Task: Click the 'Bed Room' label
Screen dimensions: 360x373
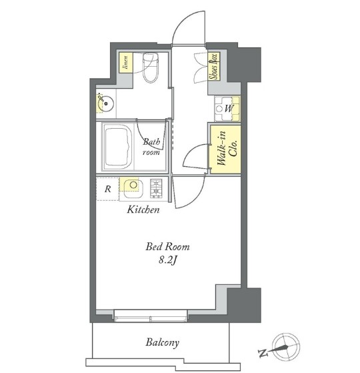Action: [167, 247]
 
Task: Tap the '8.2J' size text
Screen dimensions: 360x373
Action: [168, 261]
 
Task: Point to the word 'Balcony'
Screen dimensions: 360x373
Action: [163, 343]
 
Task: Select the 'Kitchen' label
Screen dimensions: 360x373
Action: [143, 210]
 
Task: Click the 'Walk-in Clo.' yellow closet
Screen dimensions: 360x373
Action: [225, 150]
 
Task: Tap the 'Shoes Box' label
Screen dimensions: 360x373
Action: [214, 66]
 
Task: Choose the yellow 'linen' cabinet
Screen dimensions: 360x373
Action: [126, 63]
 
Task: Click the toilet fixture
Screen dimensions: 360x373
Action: [151, 67]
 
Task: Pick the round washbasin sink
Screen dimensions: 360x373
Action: [106, 103]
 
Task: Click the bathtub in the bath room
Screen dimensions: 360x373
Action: [118, 147]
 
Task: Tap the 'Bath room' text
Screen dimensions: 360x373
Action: [151, 147]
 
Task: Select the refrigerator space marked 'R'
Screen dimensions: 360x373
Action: [107, 189]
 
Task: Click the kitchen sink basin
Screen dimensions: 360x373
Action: [133, 188]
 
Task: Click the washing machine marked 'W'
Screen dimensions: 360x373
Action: [227, 109]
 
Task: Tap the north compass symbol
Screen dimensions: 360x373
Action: [286, 346]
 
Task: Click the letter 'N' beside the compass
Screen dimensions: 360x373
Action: [263, 353]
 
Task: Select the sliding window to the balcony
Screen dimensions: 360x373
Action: [151, 316]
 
